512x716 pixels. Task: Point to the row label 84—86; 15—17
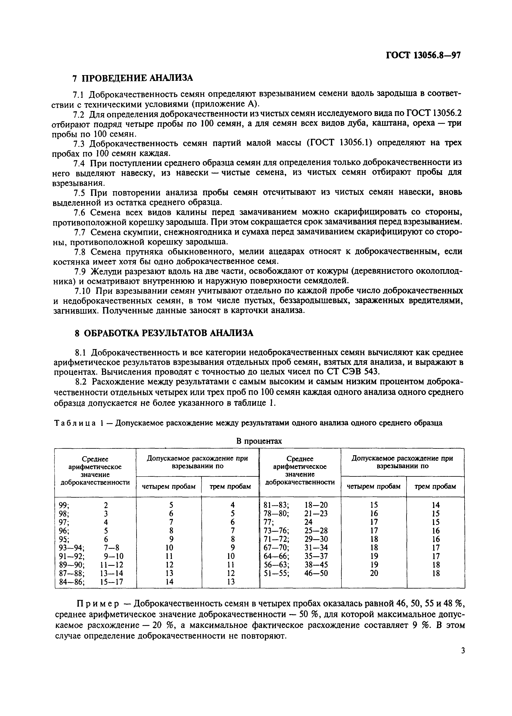[x=91, y=581]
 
